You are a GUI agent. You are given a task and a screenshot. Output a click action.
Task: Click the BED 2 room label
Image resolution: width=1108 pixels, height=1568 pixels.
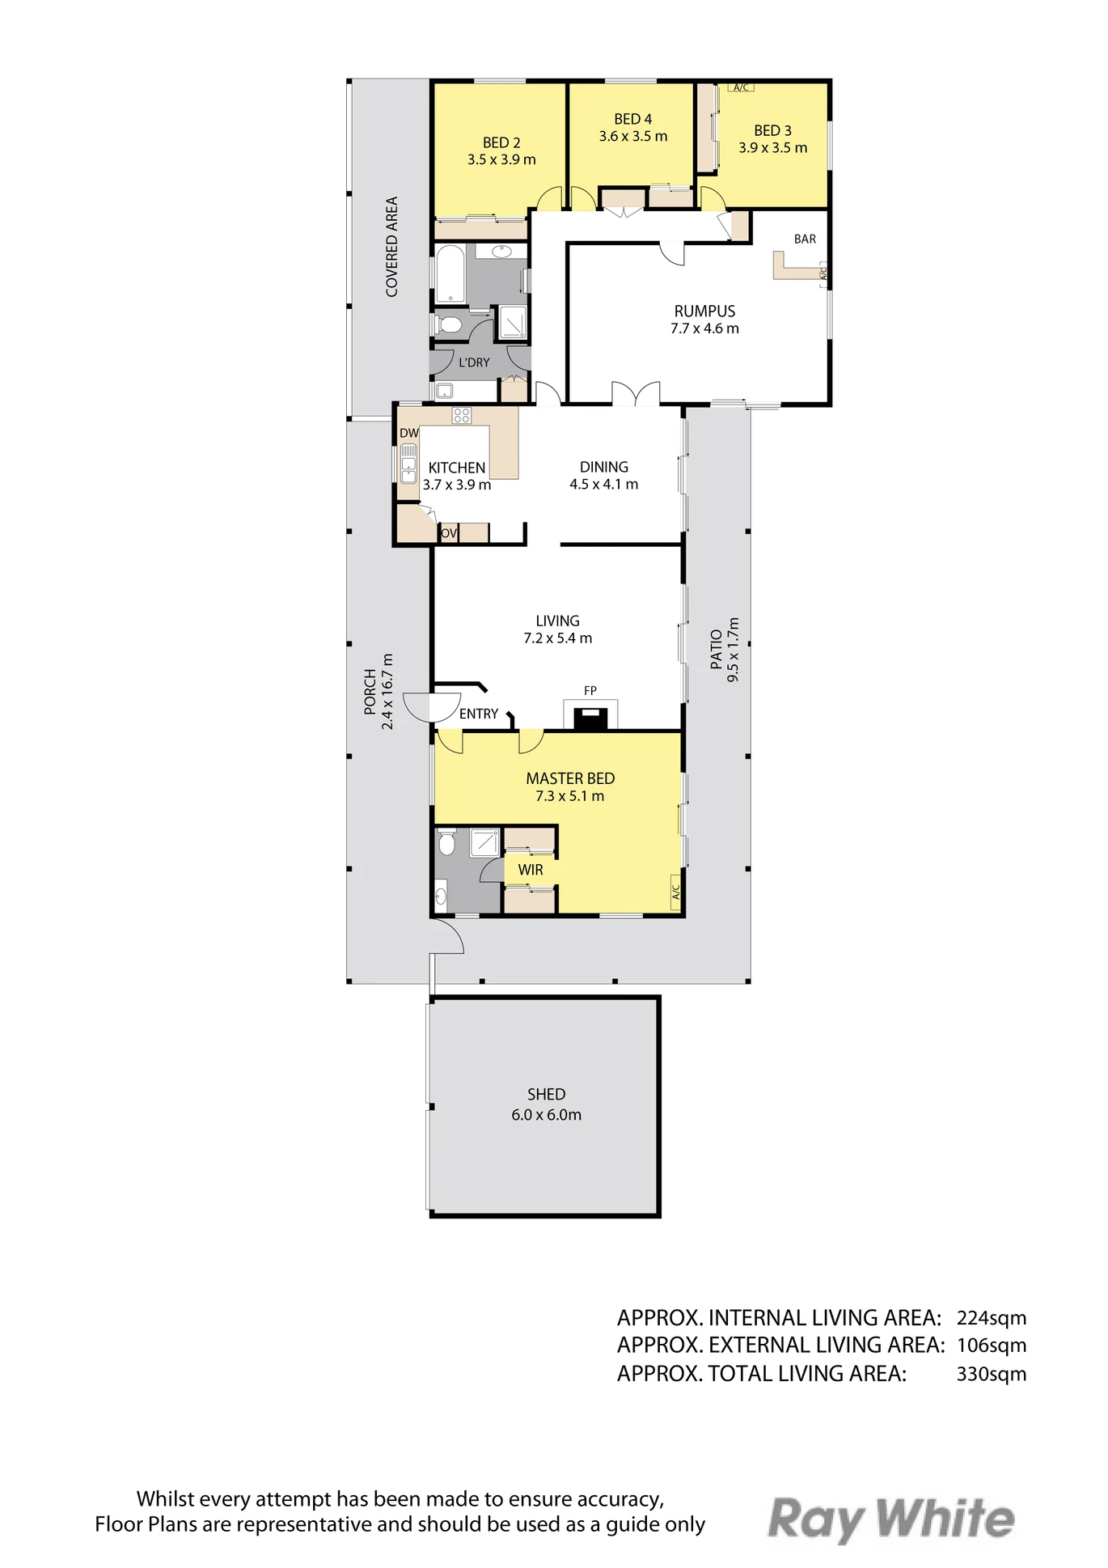[501, 142]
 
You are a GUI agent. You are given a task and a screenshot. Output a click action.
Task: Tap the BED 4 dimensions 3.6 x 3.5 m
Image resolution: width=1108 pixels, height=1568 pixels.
[633, 137]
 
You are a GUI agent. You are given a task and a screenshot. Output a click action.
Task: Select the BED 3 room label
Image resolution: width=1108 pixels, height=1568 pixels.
[772, 130]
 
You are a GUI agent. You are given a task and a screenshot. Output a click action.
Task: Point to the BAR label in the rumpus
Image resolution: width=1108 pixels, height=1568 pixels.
[805, 239]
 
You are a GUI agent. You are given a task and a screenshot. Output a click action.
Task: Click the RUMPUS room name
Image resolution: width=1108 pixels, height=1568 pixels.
[704, 311]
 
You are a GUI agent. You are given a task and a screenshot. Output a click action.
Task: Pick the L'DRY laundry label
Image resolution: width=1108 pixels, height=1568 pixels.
[474, 362]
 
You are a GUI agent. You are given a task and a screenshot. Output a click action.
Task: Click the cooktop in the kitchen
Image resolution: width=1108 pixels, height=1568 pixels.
[462, 416]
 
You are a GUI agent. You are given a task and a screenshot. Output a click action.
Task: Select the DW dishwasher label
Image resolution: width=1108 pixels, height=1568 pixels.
[409, 433]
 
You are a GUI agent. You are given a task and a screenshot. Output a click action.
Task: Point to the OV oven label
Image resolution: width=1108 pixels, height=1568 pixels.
[449, 533]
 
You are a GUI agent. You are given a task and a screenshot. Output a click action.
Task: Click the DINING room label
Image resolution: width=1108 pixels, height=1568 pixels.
[604, 467]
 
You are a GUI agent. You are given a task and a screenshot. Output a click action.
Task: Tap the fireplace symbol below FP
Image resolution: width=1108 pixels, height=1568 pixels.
[590, 718]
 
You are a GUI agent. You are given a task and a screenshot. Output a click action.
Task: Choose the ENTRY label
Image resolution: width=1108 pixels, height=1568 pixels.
[479, 714]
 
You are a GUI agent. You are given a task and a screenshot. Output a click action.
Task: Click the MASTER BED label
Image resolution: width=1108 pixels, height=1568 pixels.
[570, 778]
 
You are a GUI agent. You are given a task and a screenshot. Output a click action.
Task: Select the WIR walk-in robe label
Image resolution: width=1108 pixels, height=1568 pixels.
[531, 870]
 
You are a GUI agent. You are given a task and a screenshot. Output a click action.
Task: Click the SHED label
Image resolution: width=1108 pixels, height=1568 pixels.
[546, 1095]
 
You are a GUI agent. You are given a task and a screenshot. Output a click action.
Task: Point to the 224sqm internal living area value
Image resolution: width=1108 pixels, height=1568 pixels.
[992, 1318]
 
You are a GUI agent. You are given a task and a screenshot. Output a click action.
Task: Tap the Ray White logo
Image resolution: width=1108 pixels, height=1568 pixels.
[891, 1520]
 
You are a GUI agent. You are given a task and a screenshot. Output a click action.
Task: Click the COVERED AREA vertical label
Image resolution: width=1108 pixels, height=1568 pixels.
[392, 247]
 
